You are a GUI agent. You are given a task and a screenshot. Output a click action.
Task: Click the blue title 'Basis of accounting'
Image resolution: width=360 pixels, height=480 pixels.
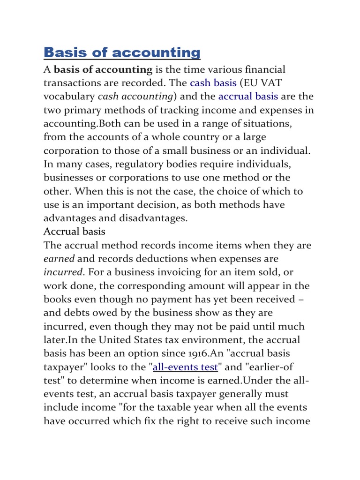coord(122,52)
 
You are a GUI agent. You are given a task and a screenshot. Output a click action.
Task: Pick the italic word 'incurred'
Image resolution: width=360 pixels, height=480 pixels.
coord(63,272)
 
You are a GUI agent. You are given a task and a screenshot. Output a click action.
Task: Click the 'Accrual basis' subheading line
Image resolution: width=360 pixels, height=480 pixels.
coord(75,232)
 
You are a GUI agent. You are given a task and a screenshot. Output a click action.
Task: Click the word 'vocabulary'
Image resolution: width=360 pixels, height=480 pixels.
coord(68,97)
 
